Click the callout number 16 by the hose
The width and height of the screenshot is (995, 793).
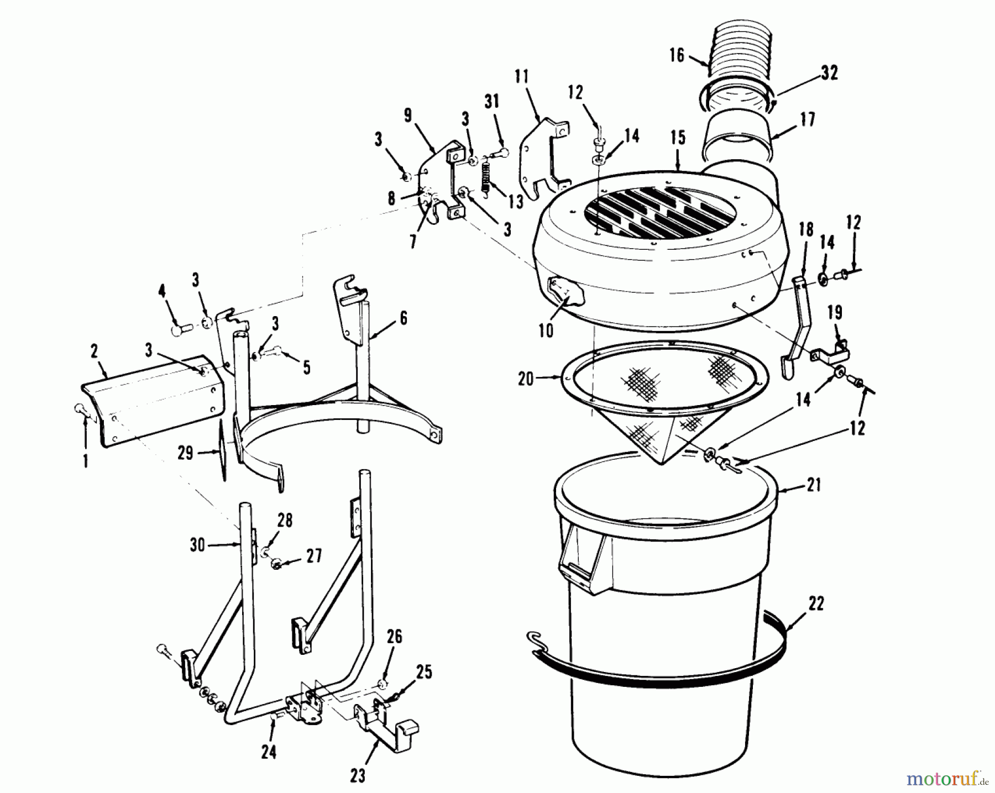pyautogui.click(x=677, y=55)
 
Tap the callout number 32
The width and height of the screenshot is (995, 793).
pyautogui.click(x=829, y=72)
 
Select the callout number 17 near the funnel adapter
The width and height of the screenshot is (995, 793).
pyautogui.click(x=808, y=119)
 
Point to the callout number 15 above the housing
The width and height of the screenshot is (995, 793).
pyautogui.click(x=678, y=138)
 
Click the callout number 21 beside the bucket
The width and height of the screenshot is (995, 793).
pyautogui.click(x=814, y=485)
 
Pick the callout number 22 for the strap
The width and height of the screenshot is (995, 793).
pyautogui.click(x=816, y=603)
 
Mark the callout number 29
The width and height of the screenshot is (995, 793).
pyautogui.click(x=185, y=453)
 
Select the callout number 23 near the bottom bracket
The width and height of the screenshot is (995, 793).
pyautogui.click(x=358, y=776)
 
